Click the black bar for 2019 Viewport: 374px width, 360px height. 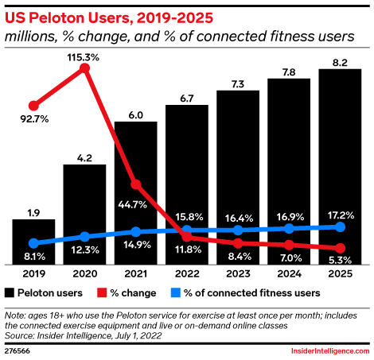point(33,242)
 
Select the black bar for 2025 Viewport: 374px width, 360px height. point(340,167)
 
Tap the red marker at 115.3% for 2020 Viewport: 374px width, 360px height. point(84,69)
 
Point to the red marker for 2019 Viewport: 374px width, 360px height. point(33,105)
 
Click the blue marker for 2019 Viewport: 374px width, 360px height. point(33,243)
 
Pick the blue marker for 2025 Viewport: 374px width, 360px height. point(340,226)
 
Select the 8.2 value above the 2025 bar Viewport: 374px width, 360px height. point(340,60)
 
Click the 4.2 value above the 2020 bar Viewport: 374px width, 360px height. point(84,157)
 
